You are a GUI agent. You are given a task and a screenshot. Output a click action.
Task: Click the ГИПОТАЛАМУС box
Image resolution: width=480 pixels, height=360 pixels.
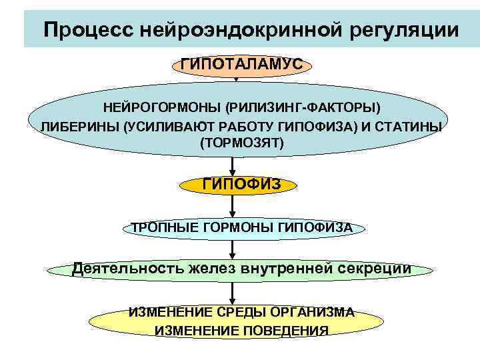pos(241,65)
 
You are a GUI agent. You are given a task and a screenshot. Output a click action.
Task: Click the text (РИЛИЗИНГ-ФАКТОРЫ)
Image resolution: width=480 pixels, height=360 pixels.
pos(303,107)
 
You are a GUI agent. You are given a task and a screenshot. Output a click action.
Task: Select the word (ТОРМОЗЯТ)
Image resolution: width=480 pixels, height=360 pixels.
pos(241,143)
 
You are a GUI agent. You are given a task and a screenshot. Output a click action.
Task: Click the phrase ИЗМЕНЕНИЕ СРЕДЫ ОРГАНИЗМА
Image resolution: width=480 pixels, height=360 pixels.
pos(241,312)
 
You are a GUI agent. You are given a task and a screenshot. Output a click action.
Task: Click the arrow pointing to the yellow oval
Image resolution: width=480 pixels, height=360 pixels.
pos(233,292)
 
